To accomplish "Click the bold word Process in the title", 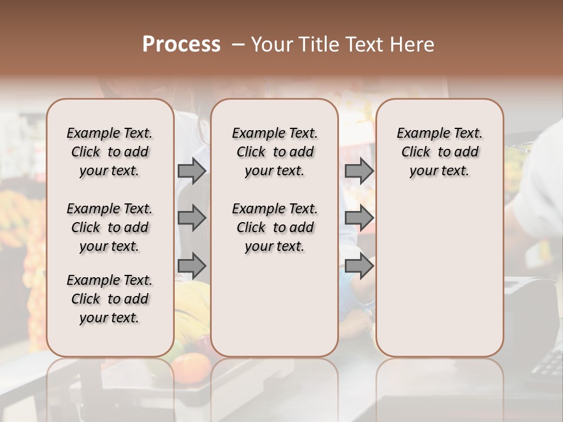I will tap(181, 45).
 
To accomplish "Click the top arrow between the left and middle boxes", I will tap(192, 171).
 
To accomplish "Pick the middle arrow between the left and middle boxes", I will tap(192, 218).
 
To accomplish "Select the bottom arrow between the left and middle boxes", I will tap(192, 266).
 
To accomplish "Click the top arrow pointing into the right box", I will tap(359, 171).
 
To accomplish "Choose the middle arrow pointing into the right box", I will tap(359, 218).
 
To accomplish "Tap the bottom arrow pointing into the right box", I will tap(359, 266).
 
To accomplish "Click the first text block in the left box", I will tap(110, 152).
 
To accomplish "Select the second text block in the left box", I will tap(110, 227).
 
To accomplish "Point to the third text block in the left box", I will tap(110, 299).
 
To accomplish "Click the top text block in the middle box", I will tap(274, 152).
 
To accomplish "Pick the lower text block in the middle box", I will tap(274, 227).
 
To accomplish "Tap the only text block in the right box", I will tap(439, 152).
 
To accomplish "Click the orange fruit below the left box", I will tap(191, 367).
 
